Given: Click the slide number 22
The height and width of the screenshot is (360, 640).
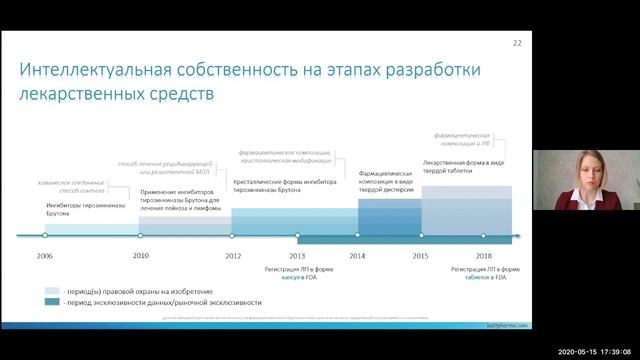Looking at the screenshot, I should (x=517, y=44).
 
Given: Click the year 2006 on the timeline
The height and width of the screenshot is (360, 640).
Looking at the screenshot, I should (x=45, y=256).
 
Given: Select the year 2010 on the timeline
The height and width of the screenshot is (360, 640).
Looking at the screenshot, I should (x=141, y=255).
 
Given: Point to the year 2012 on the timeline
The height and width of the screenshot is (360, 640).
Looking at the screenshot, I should (x=233, y=256).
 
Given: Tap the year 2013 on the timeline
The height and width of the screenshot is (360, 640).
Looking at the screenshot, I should (x=297, y=256).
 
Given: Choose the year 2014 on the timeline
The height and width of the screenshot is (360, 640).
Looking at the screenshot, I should (x=358, y=256).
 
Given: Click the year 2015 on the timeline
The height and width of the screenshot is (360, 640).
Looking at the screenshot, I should (x=421, y=256).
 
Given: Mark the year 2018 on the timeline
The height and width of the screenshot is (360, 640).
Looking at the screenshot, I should (x=484, y=256).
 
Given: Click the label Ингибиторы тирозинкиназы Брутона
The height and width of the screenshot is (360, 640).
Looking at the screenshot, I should (x=87, y=209).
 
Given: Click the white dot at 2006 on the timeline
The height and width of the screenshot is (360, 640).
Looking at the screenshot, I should (x=45, y=236).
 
